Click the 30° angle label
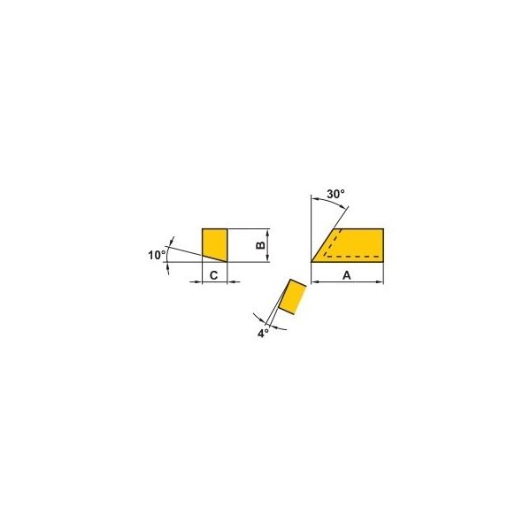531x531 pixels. pyautogui.click(x=335, y=194)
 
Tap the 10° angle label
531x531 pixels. pyautogui.click(x=157, y=255)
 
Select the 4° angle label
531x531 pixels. pyautogui.click(x=263, y=334)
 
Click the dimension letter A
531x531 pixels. pyautogui.click(x=346, y=275)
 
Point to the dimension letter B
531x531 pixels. pyautogui.click(x=260, y=245)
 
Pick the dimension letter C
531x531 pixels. pyautogui.click(x=213, y=275)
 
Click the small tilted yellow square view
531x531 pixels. pyautogui.click(x=292, y=297)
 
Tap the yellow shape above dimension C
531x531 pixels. pyautogui.click(x=215, y=244)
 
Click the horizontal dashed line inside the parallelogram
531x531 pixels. pyautogui.click(x=352, y=257)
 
